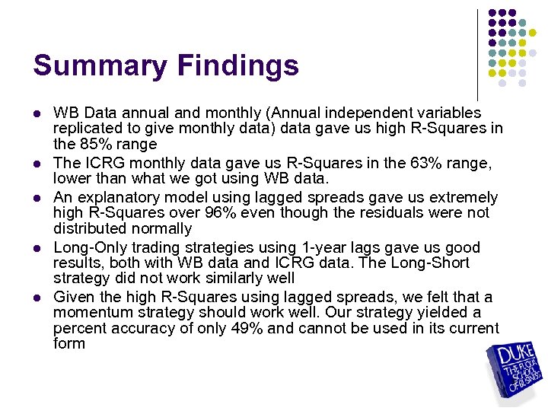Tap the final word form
pos(68,344)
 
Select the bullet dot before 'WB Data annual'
pos(37,113)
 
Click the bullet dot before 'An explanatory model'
pos(37,198)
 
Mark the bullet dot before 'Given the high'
pos(37,298)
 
